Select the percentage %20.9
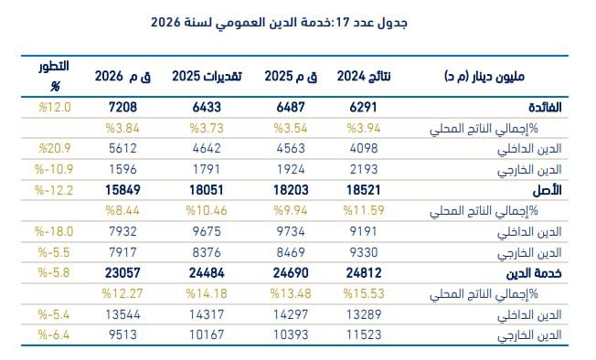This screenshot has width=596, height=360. [x=54, y=149]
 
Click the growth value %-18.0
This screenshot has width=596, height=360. [x=54, y=231]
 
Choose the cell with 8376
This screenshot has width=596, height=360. [x=207, y=252]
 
